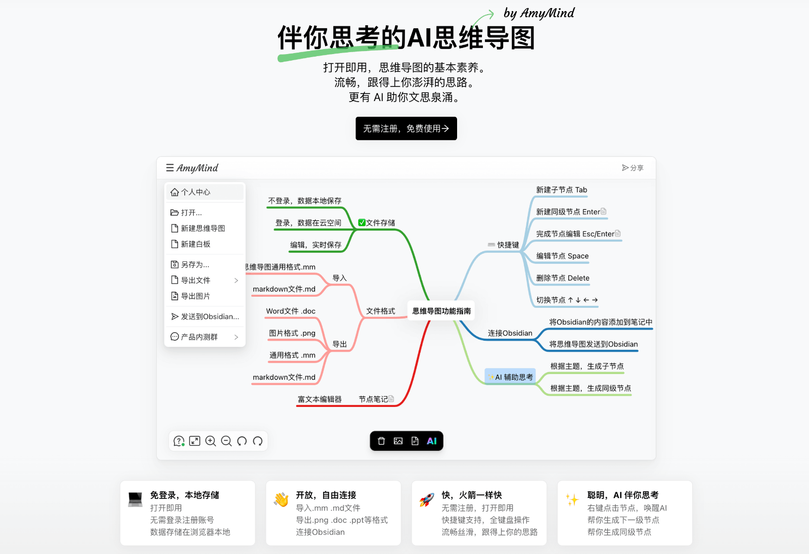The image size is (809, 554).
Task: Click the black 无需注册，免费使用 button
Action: tap(406, 128)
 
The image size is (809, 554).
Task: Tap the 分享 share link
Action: tap(633, 168)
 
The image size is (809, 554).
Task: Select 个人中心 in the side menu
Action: tap(196, 192)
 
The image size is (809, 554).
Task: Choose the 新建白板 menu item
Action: tap(196, 244)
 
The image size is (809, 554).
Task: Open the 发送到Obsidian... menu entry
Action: tap(205, 316)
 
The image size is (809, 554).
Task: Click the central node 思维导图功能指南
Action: tap(441, 311)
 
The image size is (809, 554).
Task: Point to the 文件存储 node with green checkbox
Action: tap(377, 223)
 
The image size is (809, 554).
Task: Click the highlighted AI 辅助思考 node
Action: tap(511, 377)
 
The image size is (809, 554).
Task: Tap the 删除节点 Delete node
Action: tap(563, 278)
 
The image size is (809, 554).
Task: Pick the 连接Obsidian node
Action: tap(510, 333)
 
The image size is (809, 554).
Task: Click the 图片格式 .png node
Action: tap(292, 333)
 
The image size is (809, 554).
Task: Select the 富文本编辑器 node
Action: tap(320, 399)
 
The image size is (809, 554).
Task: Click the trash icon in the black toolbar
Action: tap(382, 441)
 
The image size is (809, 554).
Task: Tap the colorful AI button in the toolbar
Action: tap(432, 441)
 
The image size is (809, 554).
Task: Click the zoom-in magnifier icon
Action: tap(211, 441)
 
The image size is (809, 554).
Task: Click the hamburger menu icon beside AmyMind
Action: tap(170, 168)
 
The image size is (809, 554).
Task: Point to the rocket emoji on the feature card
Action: tap(427, 499)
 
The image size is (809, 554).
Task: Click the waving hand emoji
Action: tap(281, 499)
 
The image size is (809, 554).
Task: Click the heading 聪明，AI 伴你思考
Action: tap(623, 495)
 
